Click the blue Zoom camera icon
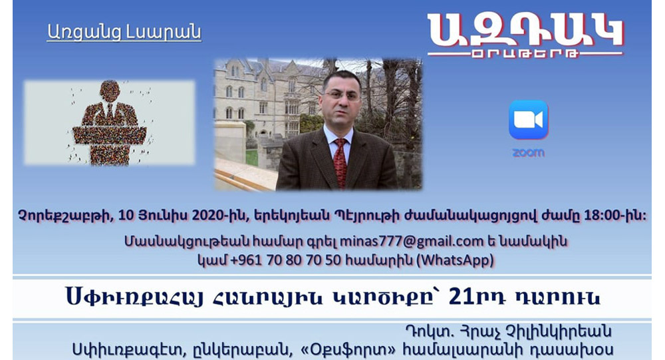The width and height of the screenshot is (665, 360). [x=529, y=120]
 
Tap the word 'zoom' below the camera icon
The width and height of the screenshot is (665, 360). [x=529, y=153]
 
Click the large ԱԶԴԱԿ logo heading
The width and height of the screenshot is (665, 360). [x=525, y=30]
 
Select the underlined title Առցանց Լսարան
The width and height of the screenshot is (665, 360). [x=124, y=33]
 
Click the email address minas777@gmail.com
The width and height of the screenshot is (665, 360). [x=412, y=241]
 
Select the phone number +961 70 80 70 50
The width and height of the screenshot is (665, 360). [x=286, y=260]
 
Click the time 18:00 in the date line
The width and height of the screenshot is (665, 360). [x=603, y=216]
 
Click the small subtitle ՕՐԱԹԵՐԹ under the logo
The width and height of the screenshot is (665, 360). [x=525, y=55]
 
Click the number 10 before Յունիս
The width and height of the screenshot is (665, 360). [x=126, y=216]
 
